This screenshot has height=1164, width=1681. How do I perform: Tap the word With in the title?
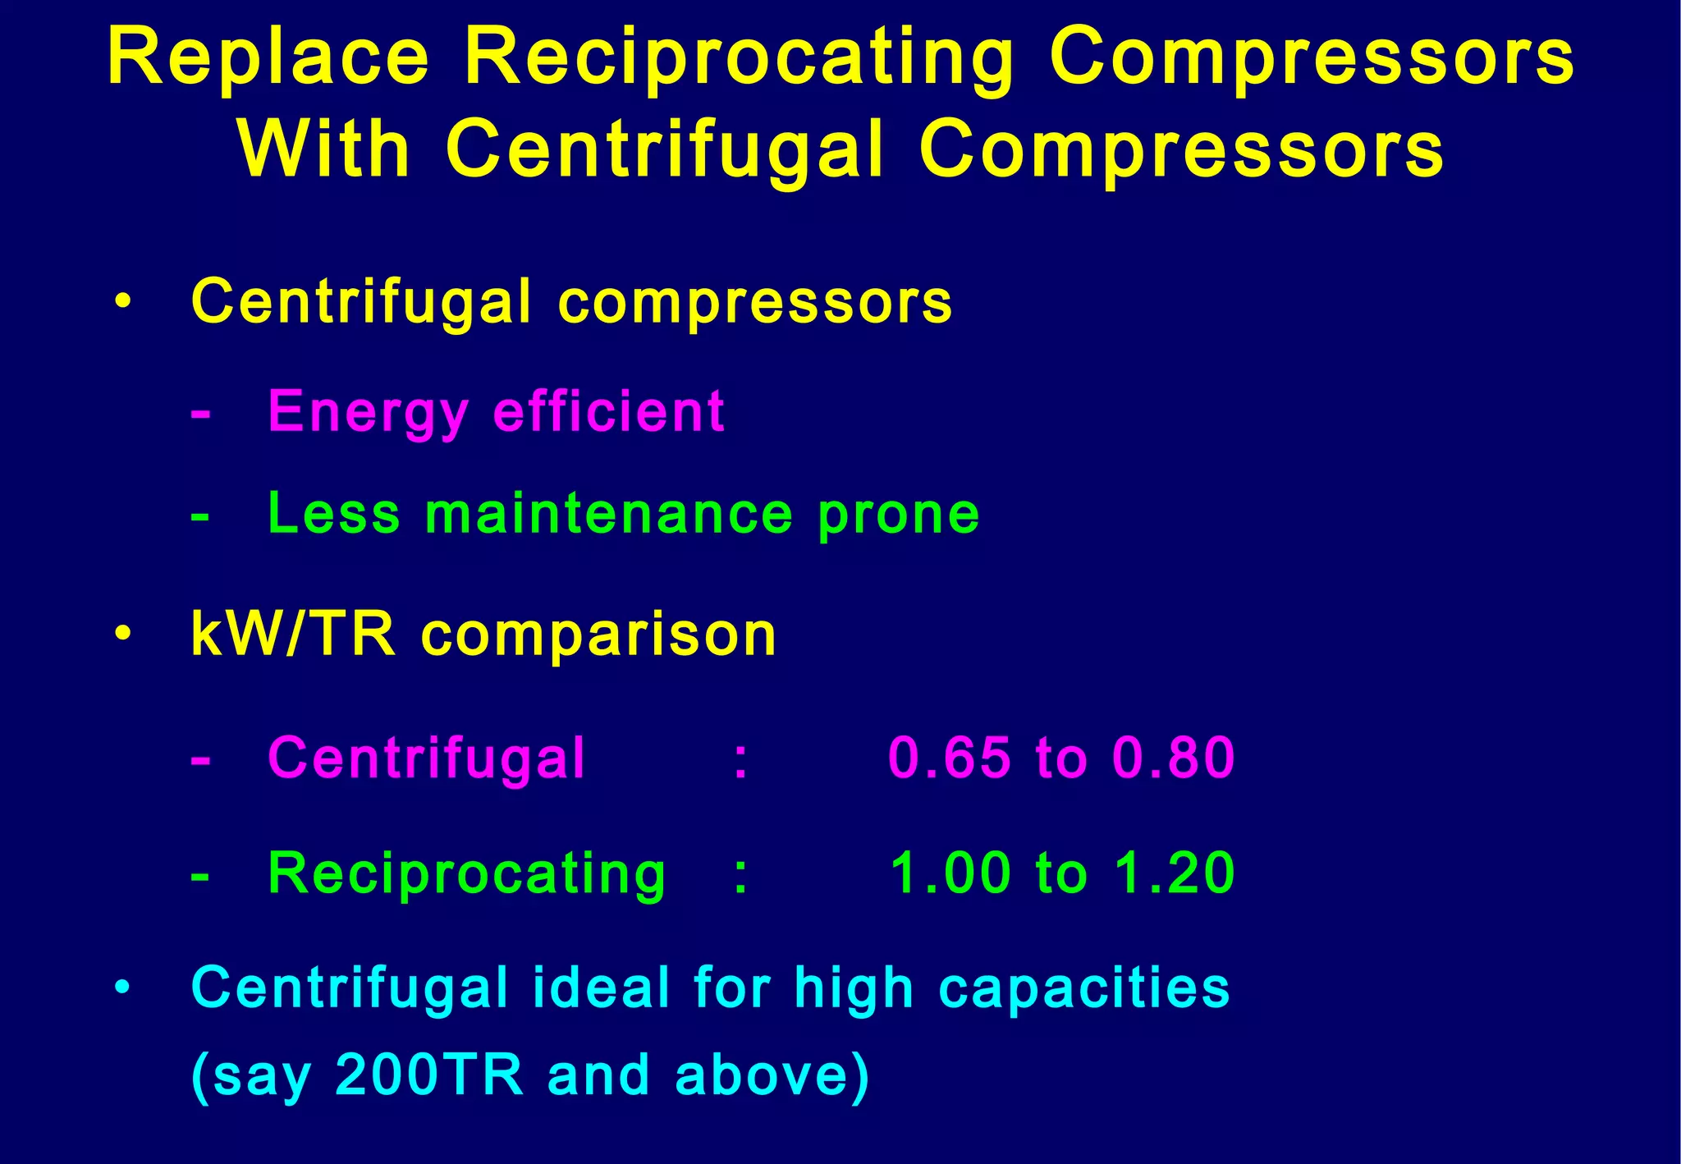pos(324,149)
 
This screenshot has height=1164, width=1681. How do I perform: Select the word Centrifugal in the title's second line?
pos(665,149)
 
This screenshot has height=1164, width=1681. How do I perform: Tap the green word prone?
pos(899,516)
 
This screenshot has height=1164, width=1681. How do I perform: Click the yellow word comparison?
pos(598,636)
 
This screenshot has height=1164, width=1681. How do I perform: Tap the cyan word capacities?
pos(1083,988)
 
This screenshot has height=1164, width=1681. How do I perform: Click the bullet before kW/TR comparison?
pos(123,635)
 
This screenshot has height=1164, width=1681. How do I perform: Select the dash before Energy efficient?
pos(200,413)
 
